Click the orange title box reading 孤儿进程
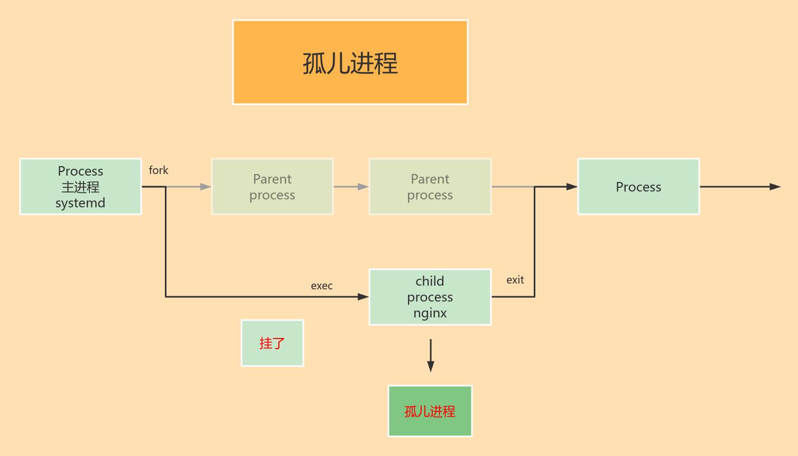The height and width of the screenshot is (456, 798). pos(350,62)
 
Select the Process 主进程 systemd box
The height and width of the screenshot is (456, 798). pos(80,187)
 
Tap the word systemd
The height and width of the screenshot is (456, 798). pos(80,203)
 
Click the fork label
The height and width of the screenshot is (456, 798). pos(159,170)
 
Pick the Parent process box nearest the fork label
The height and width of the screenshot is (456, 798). pos(272,187)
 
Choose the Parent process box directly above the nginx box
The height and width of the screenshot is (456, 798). pos(430,187)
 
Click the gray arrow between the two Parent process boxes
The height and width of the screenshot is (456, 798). pos(351,187)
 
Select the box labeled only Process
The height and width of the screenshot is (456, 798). pos(638,187)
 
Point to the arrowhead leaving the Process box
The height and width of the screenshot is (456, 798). pos(775,187)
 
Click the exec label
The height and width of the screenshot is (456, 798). pos(322,286)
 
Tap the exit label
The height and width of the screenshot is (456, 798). pos(515,280)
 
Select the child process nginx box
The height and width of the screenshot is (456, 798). pos(430,297)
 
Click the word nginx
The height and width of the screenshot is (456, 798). pos(430,313)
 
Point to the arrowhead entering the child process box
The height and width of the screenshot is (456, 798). pos(363,297)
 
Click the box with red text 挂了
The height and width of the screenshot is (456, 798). pos(272,343)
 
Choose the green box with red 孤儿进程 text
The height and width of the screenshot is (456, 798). pos(430,411)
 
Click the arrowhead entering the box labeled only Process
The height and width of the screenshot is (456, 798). pos(572,187)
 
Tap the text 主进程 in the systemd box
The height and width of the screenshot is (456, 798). pos(80,187)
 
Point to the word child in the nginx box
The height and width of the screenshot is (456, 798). pos(430,281)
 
